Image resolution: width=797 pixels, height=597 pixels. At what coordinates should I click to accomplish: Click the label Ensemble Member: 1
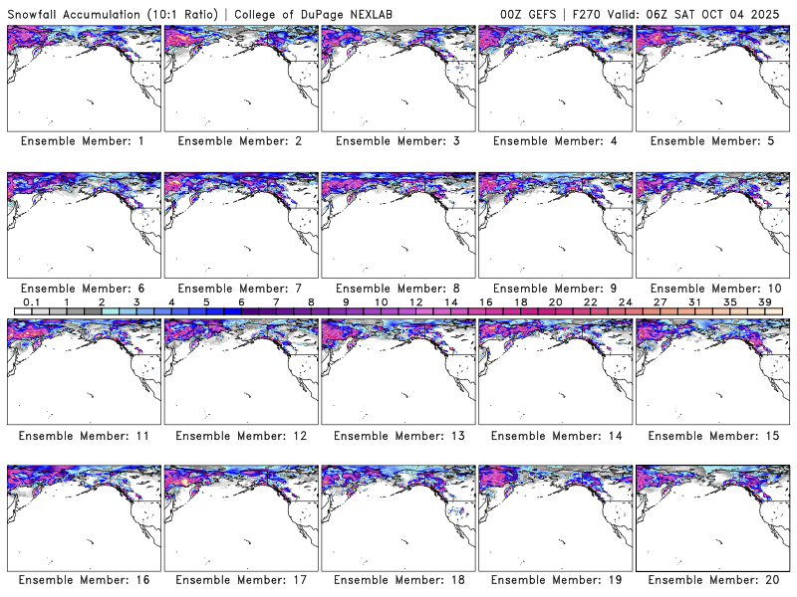pos(82,141)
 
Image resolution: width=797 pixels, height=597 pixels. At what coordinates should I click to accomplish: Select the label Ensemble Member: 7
pos(239,288)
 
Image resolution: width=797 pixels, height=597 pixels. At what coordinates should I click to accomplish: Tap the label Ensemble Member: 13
pos(397,435)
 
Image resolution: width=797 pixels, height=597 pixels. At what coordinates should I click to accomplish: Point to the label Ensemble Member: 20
pos(710,580)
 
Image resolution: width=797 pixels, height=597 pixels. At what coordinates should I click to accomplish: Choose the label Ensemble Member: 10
pos(710,288)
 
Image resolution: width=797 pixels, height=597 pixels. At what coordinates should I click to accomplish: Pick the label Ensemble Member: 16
pos(82,580)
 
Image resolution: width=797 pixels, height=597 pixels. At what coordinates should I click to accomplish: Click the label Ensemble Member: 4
pos(553,141)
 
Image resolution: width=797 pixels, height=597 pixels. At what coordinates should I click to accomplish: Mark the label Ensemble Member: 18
pos(397,580)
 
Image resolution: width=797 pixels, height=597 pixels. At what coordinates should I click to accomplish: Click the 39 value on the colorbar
pos(765,301)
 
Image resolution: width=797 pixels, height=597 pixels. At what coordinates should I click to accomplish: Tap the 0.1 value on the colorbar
pos(31,301)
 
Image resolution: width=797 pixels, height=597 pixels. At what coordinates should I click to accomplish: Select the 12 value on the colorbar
pos(415,301)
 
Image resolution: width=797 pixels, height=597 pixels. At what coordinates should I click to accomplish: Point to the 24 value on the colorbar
pos(626,301)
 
